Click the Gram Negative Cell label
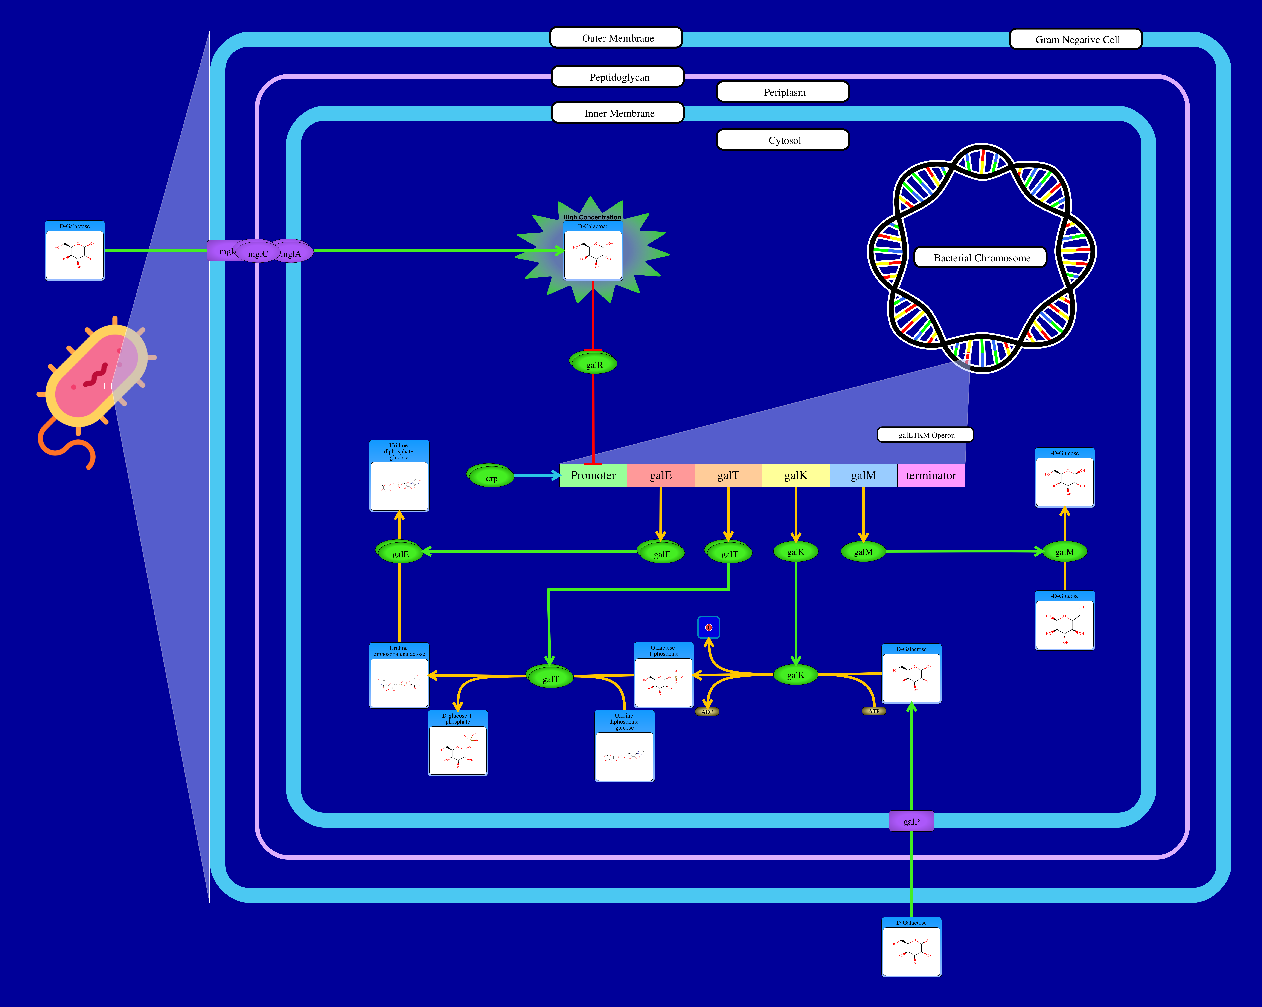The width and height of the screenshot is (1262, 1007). pyautogui.click(x=1076, y=39)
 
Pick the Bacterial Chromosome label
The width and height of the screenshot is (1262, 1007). pyautogui.click(x=981, y=258)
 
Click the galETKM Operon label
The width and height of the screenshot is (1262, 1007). pyautogui.click(x=925, y=435)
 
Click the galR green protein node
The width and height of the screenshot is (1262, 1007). pyautogui.click(x=594, y=364)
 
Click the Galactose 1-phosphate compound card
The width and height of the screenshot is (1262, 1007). pyautogui.click(x=663, y=675)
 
